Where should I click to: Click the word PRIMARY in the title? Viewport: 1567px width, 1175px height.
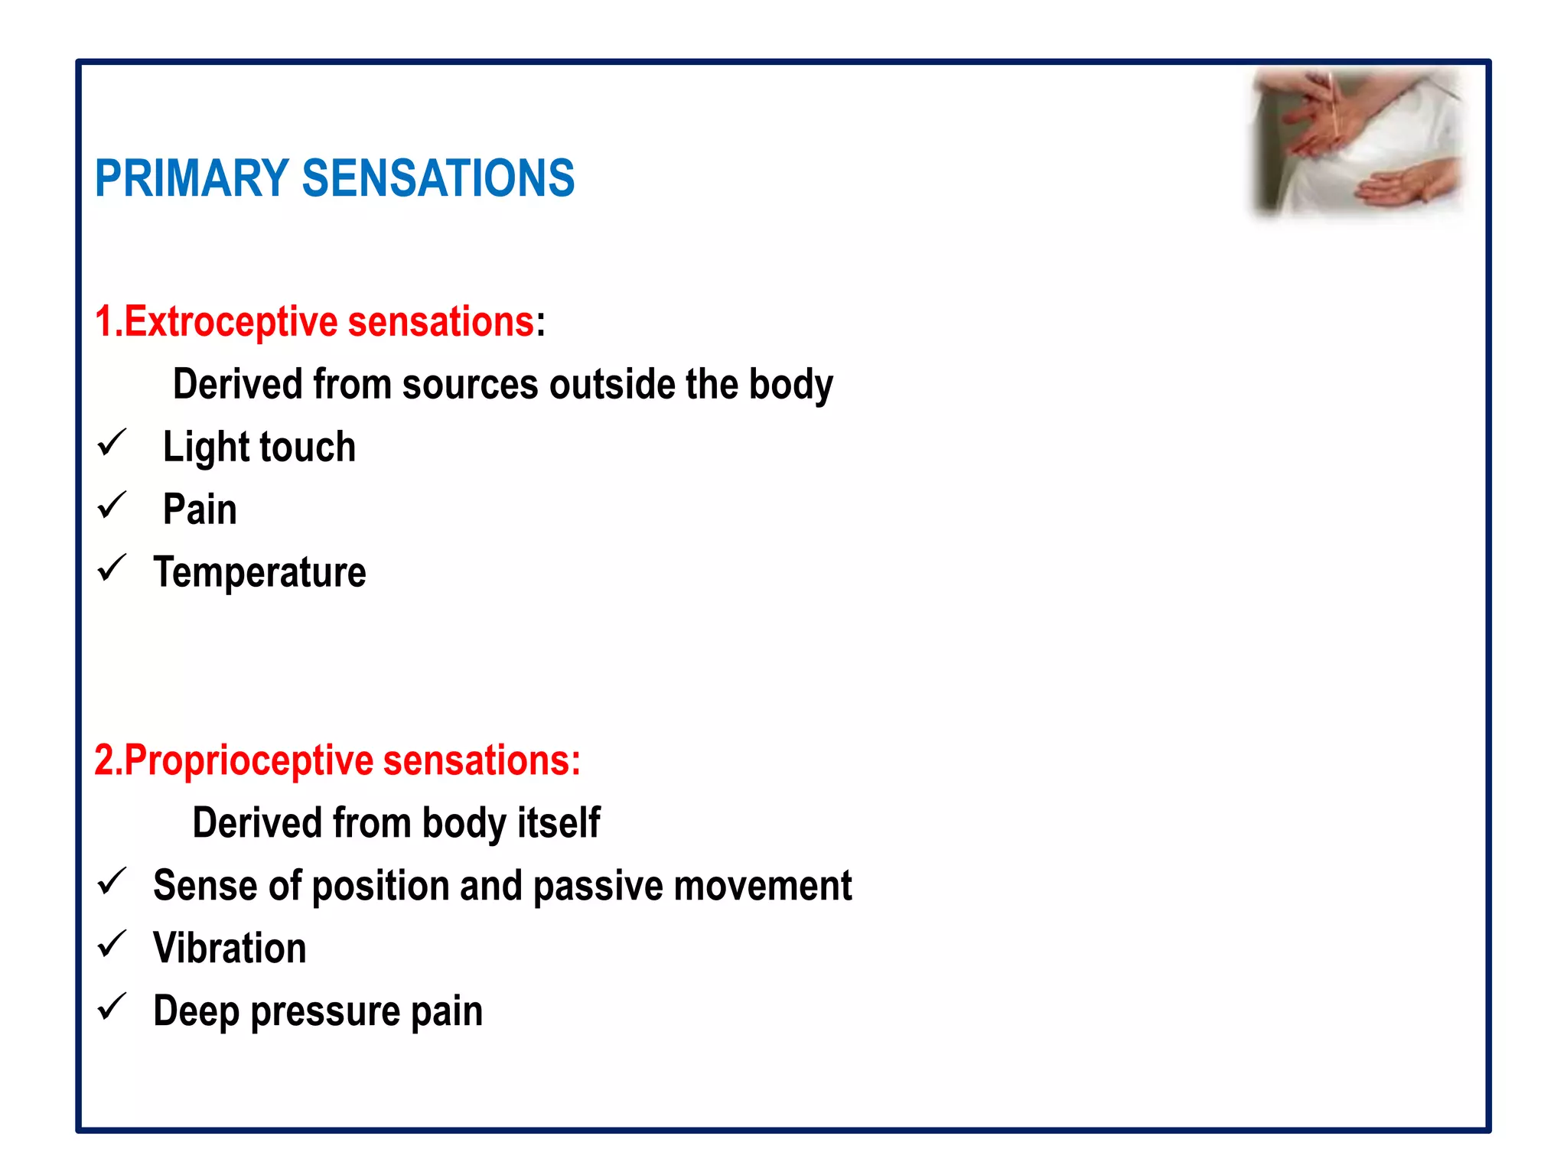[x=191, y=178]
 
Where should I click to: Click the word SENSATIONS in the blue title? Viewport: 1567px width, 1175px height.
[x=438, y=178]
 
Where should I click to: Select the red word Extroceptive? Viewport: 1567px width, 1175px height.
[x=230, y=321]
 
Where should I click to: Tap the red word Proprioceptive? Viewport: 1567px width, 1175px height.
[x=249, y=760]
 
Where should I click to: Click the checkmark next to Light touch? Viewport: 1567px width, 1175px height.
[x=112, y=443]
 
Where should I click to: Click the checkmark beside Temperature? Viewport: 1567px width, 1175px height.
[x=112, y=568]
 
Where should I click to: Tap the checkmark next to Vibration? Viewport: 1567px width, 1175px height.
[x=112, y=945]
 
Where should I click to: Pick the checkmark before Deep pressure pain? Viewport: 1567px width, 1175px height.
[x=112, y=1007]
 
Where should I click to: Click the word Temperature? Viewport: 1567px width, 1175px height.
[x=260, y=573]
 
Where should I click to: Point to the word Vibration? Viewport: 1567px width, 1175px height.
[x=230, y=949]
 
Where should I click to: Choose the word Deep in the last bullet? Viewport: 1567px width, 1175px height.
[x=196, y=1012]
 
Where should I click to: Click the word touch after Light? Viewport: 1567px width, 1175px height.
[x=309, y=447]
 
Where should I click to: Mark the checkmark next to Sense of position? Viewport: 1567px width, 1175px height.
[x=112, y=882]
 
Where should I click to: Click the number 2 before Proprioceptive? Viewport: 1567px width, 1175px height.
[x=104, y=760]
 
